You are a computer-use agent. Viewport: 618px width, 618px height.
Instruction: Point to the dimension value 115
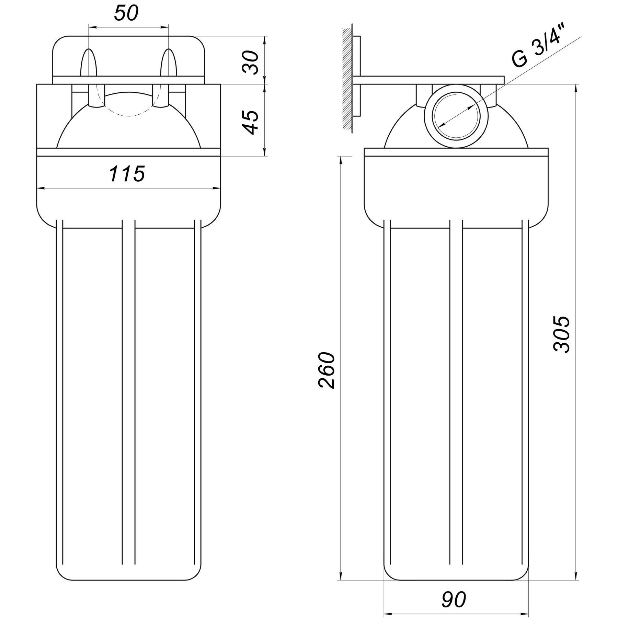pyautogui.click(x=127, y=174)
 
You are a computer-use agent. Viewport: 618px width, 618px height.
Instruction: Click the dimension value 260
pyautogui.click(x=326, y=370)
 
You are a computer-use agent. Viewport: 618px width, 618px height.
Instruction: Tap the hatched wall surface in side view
pyautogui.click(x=347, y=79)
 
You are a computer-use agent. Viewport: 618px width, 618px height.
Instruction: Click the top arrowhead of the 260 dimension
pyautogui.click(x=341, y=161)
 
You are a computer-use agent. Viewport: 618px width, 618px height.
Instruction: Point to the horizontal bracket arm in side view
pyautogui.click(x=429, y=80)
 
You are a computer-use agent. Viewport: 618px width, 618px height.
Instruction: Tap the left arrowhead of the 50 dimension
pyautogui.click(x=92, y=27)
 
